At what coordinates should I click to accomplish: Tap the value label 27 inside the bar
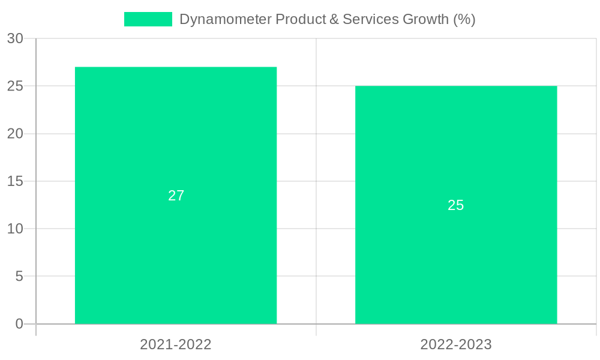(x=176, y=196)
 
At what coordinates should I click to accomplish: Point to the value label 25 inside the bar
(x=456, y=205)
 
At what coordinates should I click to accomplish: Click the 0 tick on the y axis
(x=19, y=324)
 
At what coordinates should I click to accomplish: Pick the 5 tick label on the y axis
(x=19, y=277)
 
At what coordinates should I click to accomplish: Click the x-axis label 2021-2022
(x=176, y=344)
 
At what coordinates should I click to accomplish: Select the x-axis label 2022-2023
(x=456, y=344)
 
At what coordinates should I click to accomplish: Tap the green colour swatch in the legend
(x=148, y=19)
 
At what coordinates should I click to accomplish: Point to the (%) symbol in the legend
(x=464, y=19)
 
